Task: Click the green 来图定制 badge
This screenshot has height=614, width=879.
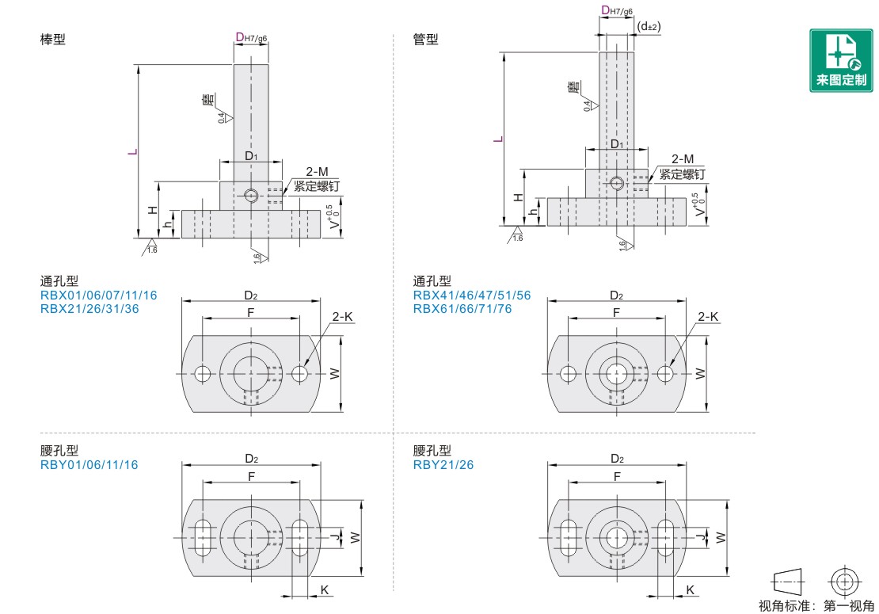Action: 841,60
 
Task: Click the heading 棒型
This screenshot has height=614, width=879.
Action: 53,40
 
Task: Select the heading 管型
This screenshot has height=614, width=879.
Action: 425,40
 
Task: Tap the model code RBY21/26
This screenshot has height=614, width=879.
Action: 443,465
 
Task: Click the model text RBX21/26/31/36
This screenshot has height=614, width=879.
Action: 89,309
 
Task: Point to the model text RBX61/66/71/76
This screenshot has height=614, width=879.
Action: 462,309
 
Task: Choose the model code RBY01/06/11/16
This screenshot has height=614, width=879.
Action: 89,465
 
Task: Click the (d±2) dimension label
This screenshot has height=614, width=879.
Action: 649,26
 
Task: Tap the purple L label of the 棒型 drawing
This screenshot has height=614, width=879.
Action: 132,152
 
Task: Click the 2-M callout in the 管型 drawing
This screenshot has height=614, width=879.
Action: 683,159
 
